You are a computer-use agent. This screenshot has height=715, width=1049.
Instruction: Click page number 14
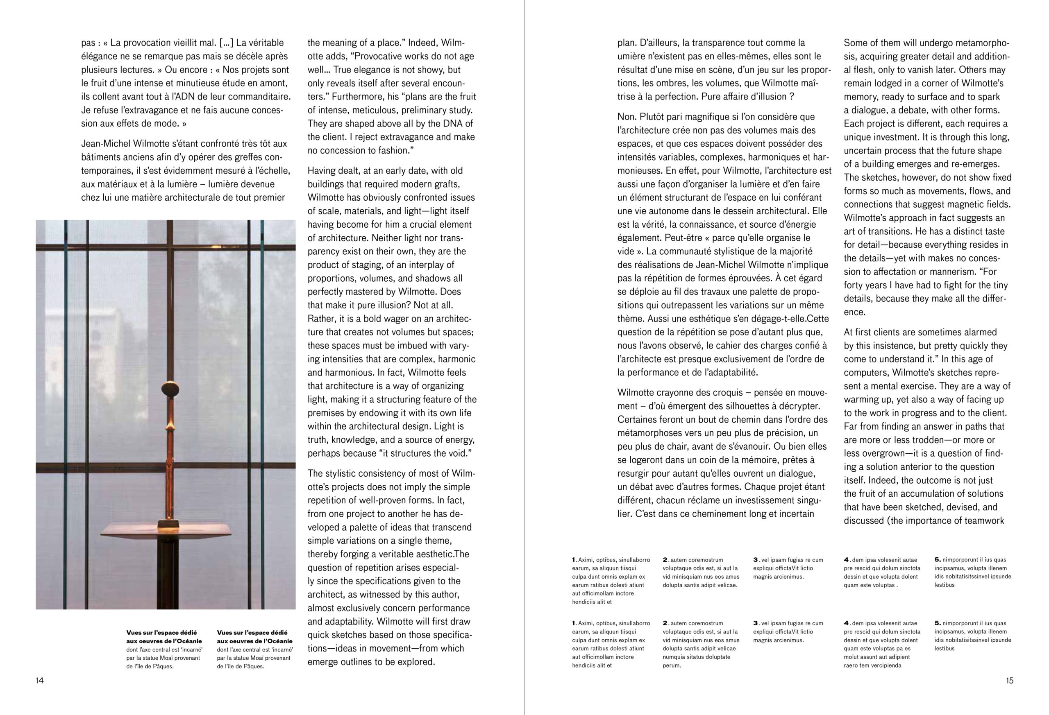[x=40, y=681]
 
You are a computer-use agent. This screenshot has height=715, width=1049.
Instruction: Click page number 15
[x=1010, y=681]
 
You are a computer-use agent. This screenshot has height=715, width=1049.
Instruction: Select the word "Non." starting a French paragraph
[x=627, y=117]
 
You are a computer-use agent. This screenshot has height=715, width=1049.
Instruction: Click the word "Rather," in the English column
[x=322, y=319]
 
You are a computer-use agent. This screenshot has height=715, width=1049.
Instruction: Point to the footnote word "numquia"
[x=674, y=657]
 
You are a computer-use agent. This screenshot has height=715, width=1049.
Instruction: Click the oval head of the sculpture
[x=171, y=388]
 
